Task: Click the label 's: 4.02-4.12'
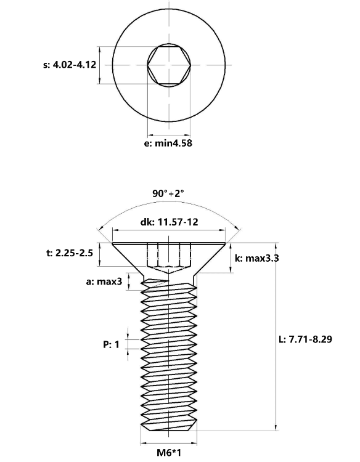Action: tap(70, 65)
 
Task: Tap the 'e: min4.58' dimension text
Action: tap(168, 143)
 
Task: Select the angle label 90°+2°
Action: tap(168, 193)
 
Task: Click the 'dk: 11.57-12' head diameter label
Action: tap(169, 222)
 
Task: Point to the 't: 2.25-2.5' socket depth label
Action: tap(70, 253)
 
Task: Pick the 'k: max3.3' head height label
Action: tap(256, 258)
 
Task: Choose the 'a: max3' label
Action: tap(104, 282)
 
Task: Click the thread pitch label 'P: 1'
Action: tap(111, 344)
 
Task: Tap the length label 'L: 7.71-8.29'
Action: tap(306, 339)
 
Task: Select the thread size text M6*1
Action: tap(169, 452)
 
